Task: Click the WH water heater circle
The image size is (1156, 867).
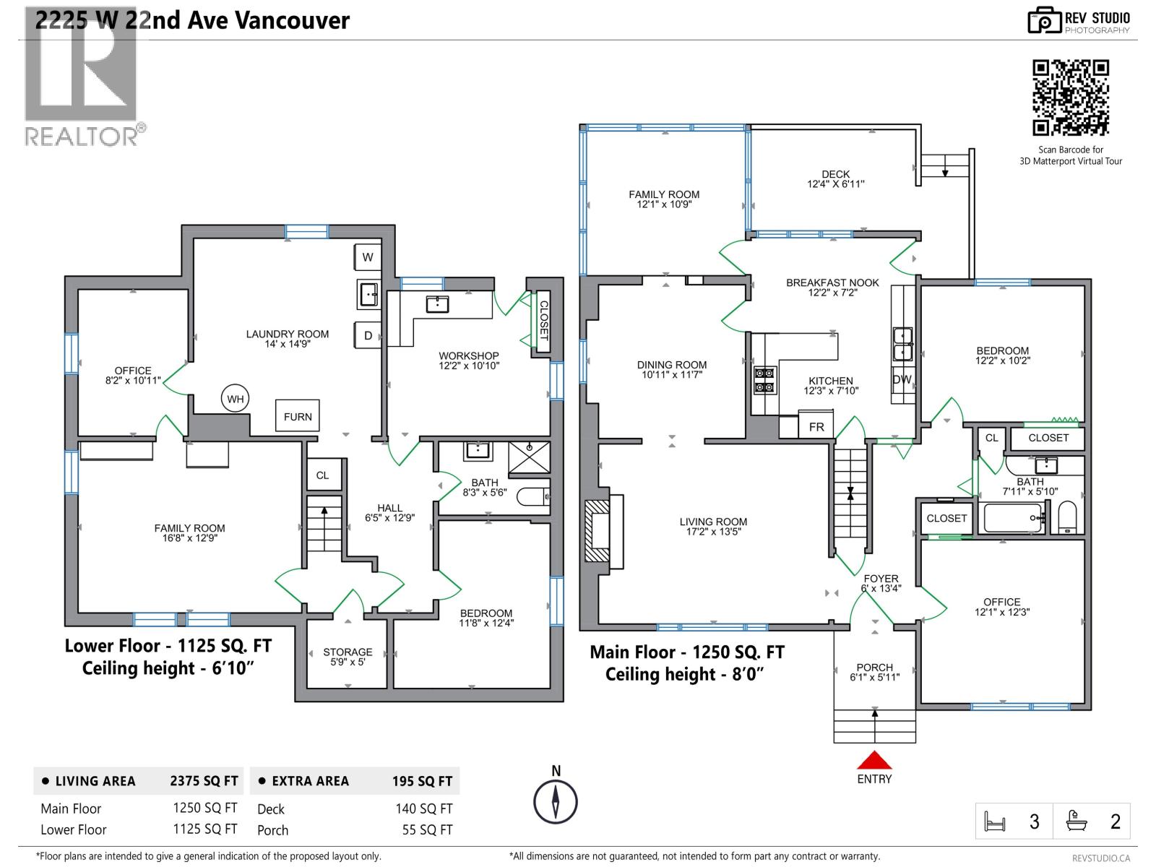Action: coord(236,399)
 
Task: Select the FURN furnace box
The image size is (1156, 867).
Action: coord(298,417)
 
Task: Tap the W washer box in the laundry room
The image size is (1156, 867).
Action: coord(368,257)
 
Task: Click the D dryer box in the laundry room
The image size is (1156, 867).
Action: coord(368,335)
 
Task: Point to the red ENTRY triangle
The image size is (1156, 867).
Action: coord(874,761)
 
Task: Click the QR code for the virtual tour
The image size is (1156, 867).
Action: coord(1070,98)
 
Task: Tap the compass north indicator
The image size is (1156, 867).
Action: coord(556,801)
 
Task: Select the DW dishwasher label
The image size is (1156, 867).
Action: coord(902,379)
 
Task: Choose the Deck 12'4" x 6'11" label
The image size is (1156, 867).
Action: coord(835,179)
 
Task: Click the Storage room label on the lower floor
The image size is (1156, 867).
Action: coord(348,656)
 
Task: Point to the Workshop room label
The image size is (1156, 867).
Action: coord(469,360)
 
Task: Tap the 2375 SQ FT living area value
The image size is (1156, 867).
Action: coord(204,781)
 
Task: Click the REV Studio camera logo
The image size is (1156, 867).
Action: coord(1043,20)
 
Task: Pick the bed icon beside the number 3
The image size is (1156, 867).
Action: coord(996,821)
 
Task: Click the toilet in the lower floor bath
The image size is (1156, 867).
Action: coord(535,497)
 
